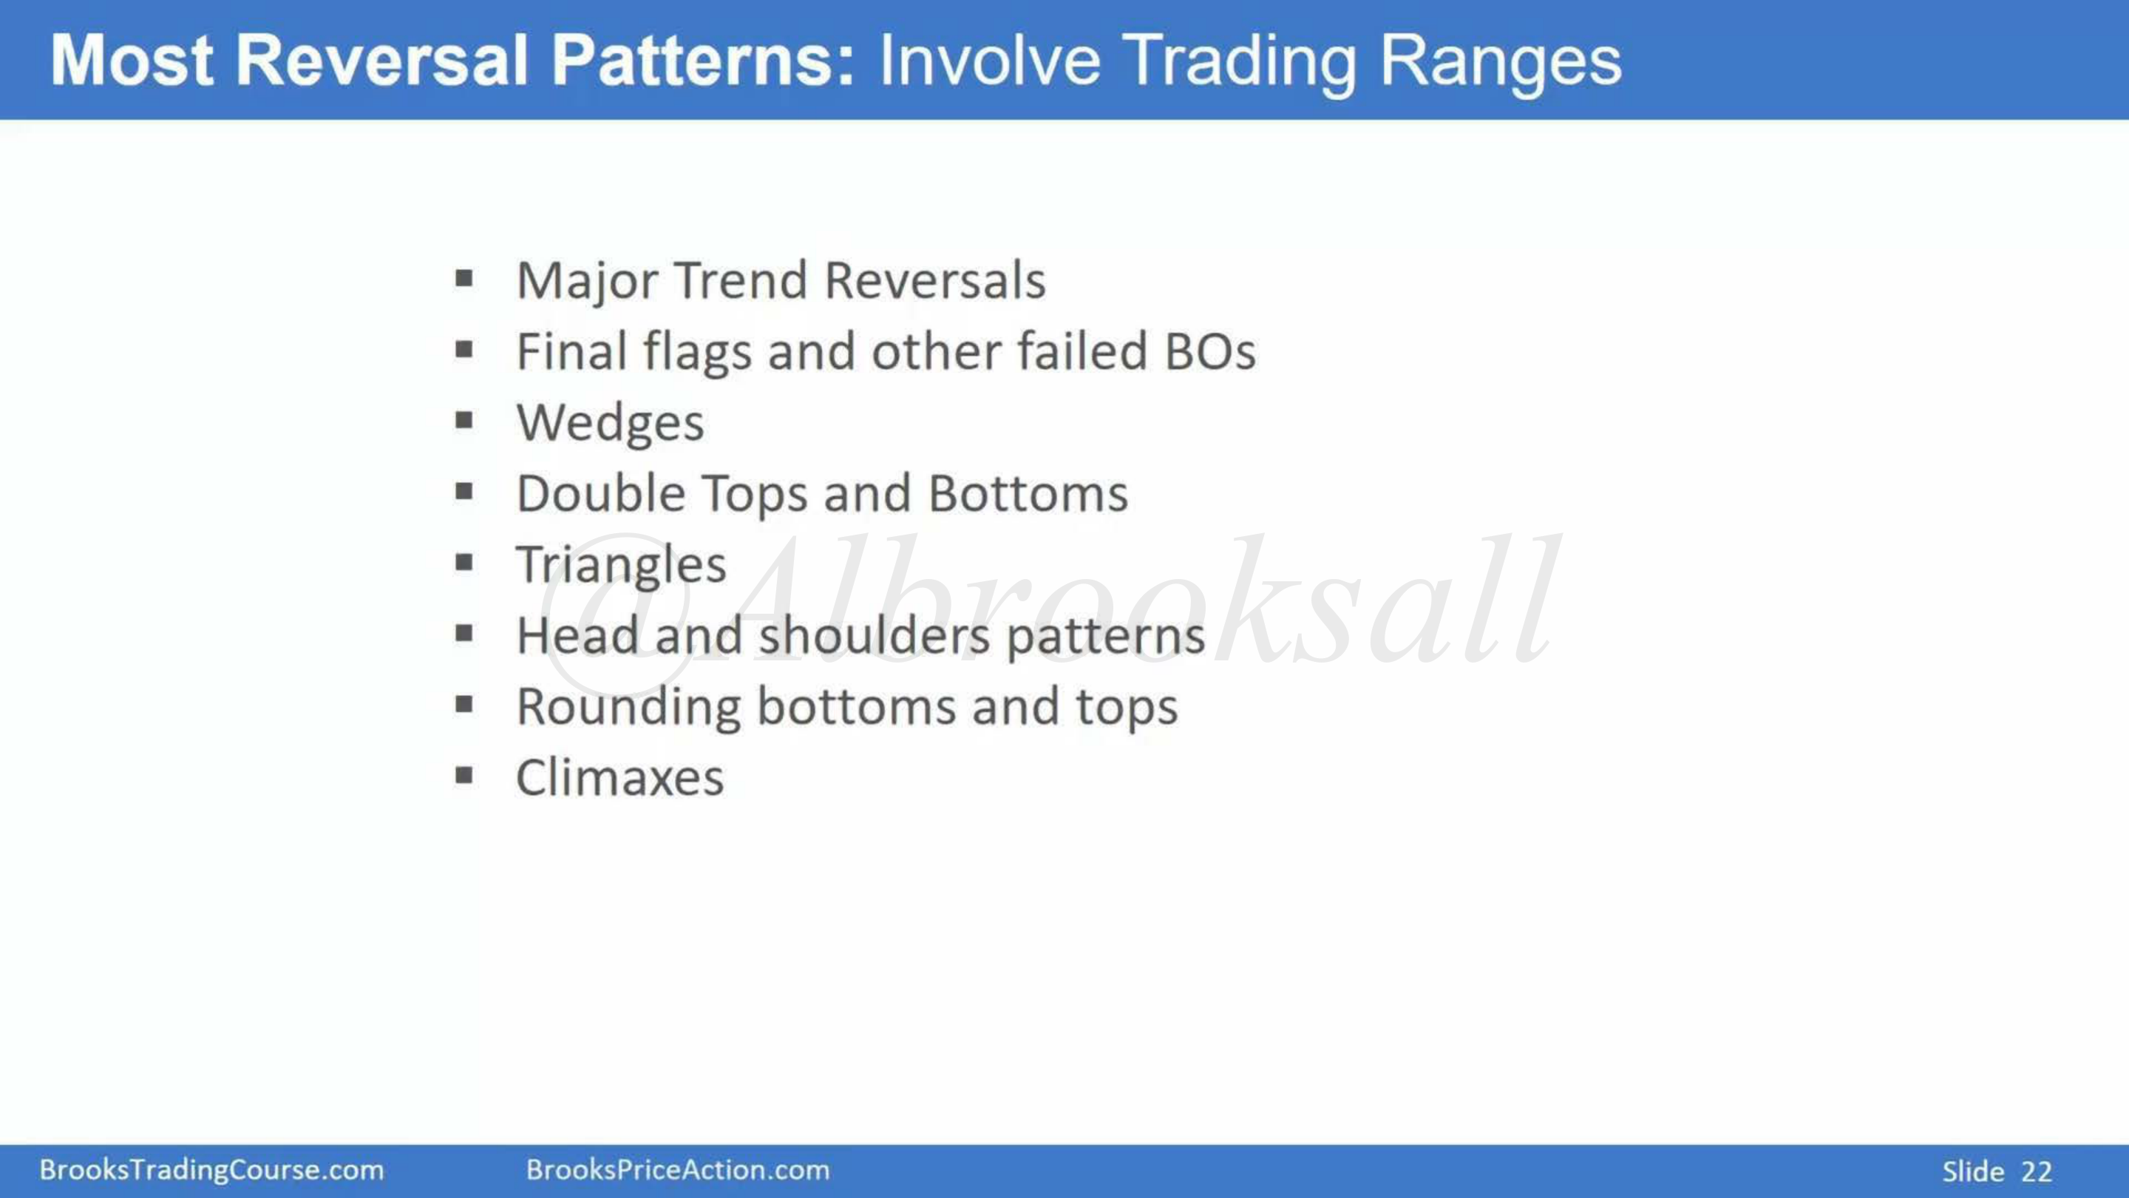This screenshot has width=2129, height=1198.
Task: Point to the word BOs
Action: pos(1210,352)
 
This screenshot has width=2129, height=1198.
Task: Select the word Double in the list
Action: pos(601,493)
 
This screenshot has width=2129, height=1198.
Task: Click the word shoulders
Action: pos(874,636)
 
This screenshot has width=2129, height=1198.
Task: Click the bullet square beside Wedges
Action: pos(464,421)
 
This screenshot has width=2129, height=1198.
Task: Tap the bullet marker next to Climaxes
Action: pos(464,776)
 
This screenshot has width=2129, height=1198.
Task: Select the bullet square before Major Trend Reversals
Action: pos(464,279)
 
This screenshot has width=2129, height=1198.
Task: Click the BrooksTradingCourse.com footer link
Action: pos(211,1170)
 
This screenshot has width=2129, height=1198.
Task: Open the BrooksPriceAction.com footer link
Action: pos(678,1170)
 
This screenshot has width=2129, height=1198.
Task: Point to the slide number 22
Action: pos(2037,1171)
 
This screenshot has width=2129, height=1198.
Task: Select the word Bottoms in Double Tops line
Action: pos(1028,493)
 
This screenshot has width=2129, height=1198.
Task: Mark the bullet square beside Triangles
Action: pos(464,563)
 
